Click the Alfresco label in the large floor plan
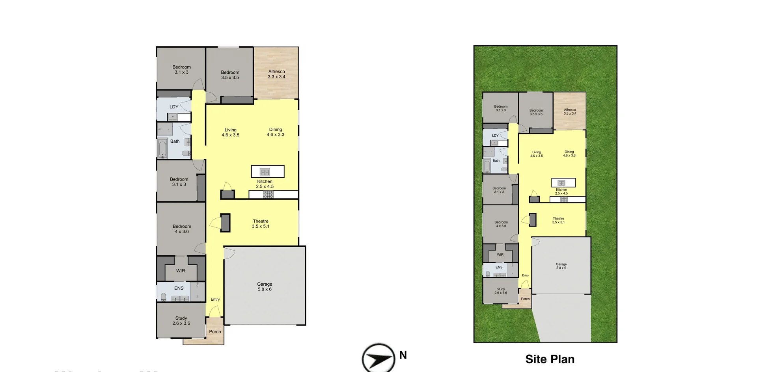click(276, 74)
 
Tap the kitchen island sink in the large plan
click(265, 172)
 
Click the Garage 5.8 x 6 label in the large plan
click(265, 286)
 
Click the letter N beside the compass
click(403, 355)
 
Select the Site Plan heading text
click(550, 359)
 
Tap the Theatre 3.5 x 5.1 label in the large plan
click(261, 223)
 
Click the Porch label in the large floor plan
click(215, 331)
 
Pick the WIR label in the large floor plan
click(181, 271)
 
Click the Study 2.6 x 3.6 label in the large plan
click(181, 320)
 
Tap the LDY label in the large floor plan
click(174, 107)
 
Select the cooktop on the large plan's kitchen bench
click(268, 194)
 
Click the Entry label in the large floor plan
click(215, 299)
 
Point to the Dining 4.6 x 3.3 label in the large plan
click(275, 132)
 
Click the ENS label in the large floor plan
click(179, 288)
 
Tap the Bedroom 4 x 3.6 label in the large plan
click(182, 229)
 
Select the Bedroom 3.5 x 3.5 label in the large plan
click(230, 74)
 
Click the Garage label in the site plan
click(561, 266)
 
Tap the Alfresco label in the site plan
click(570, 112)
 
